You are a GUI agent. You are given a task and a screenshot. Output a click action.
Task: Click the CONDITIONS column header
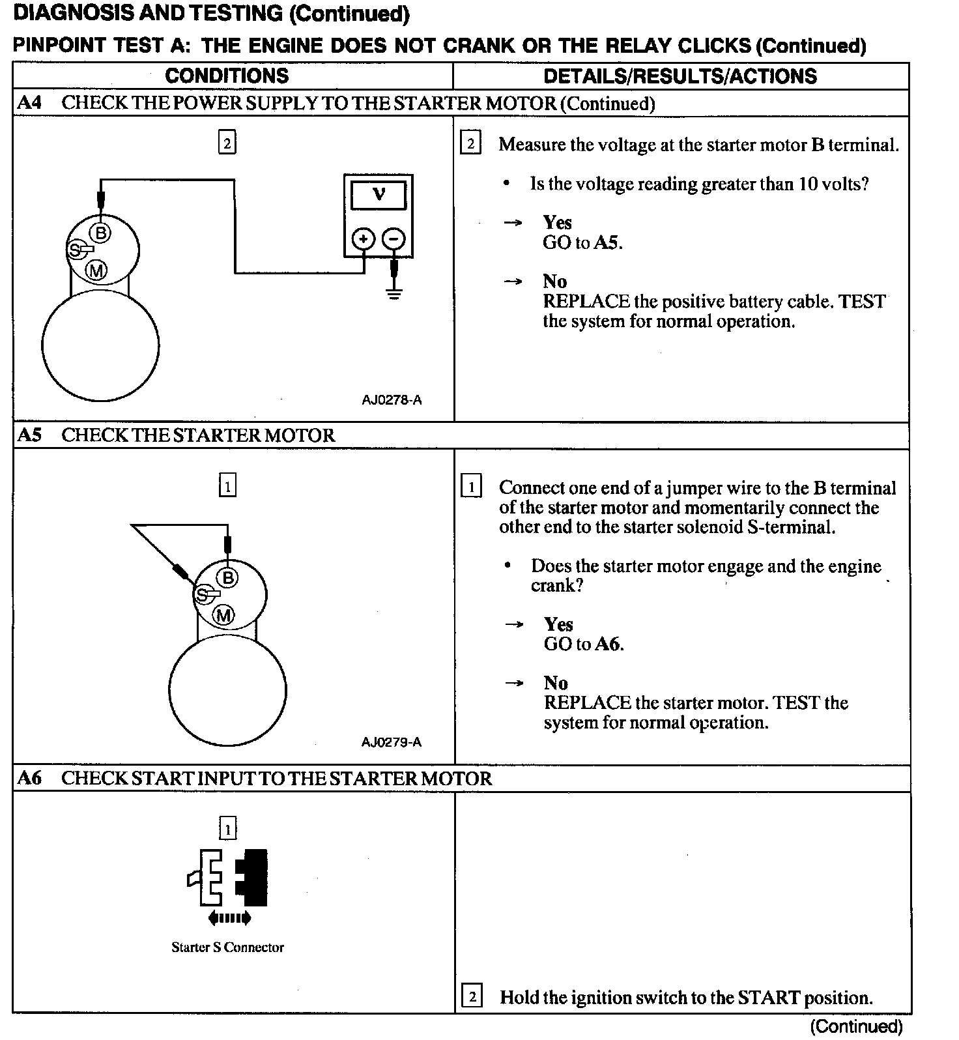click(x=227, y=76)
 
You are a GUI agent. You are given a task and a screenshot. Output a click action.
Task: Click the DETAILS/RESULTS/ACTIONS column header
click(x=680, y=76)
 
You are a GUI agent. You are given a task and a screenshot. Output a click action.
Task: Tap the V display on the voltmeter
click(x=378, y=195)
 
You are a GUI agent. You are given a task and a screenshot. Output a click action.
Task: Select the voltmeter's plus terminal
click(x=363, y=239)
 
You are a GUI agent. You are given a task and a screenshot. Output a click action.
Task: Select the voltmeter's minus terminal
click(x=393, y=239)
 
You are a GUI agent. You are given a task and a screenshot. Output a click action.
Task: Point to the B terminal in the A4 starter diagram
click(x=101, y=232)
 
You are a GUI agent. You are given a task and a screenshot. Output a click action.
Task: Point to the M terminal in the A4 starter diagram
click(x=97, y=269)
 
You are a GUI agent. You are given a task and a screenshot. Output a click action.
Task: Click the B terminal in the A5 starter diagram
click(x=228, y=577)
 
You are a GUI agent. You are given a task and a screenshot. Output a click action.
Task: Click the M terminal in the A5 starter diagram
click(x=224, y=614)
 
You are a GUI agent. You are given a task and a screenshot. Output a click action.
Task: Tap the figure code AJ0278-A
click(x=392, y=399)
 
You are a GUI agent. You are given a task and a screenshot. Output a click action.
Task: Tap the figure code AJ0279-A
click(x=392, y=742)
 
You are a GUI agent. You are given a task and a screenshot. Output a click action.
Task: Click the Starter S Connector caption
click(x=227, y=947)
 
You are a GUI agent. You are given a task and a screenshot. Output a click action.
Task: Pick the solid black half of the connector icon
click(x=253, y=877)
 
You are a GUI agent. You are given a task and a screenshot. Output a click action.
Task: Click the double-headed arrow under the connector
click(x=229, y=919)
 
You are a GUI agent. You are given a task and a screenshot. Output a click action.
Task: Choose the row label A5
click(x=29, y=435)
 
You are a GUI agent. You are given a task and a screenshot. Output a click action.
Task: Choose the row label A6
click(x=29, y=778)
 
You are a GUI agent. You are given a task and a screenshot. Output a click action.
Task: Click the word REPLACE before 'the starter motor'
click(x=587, y=703)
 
